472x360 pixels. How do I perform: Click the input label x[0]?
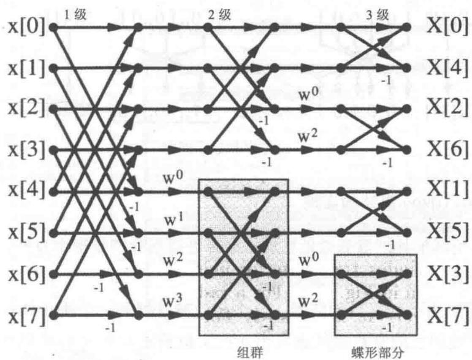(x=26, y=27)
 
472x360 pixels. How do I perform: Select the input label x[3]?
(x=26, y=150)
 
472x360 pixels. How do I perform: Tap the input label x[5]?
(x=26, y=232)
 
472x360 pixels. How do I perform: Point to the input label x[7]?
(x=26, y=315)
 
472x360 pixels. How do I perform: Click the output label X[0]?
(x=449, y=26)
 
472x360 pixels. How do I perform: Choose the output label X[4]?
(x=449, y=67)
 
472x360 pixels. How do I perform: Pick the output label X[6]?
(x=449, y=150)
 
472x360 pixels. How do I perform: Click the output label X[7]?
(x=449, y=315)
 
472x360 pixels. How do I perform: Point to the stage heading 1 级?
(x=75, y=15)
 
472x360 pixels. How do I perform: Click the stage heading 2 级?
(x=220, y=15)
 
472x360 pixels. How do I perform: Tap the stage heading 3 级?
(x=378, y=15)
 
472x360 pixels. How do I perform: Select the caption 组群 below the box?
(x=250, y=352)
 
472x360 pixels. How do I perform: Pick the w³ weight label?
(x=173, y=302)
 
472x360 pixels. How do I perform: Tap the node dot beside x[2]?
(x=53, y=109)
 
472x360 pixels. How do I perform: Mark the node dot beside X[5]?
(x=407, y=233)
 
